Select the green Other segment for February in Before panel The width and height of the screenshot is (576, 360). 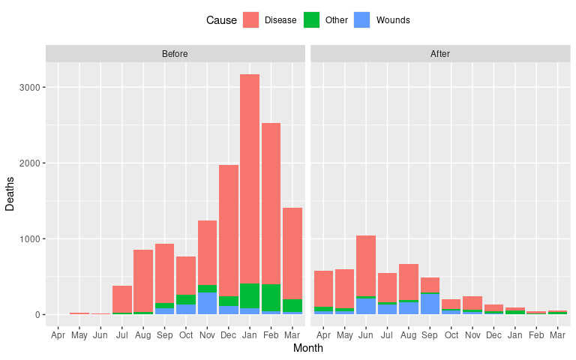coord(271,298)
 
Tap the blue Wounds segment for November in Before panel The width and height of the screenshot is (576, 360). coord(208,303)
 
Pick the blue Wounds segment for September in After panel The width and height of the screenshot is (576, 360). coord(430,304)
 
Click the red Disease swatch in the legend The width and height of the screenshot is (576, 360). coord(250,20)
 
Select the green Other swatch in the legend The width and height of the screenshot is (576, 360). coord(311,20)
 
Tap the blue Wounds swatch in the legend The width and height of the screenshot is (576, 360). coord(362,20)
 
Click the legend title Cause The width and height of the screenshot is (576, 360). coord(221,20)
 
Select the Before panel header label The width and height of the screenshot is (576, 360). coord(175,54)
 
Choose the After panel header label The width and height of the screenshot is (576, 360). coord(440,54)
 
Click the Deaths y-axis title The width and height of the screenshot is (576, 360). coord(10,193)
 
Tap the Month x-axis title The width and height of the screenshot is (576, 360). coord(307,348)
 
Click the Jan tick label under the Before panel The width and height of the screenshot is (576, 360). coord(250,334)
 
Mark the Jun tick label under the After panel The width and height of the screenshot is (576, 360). coord(366,334)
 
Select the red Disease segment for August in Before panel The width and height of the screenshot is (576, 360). coord(143,280)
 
